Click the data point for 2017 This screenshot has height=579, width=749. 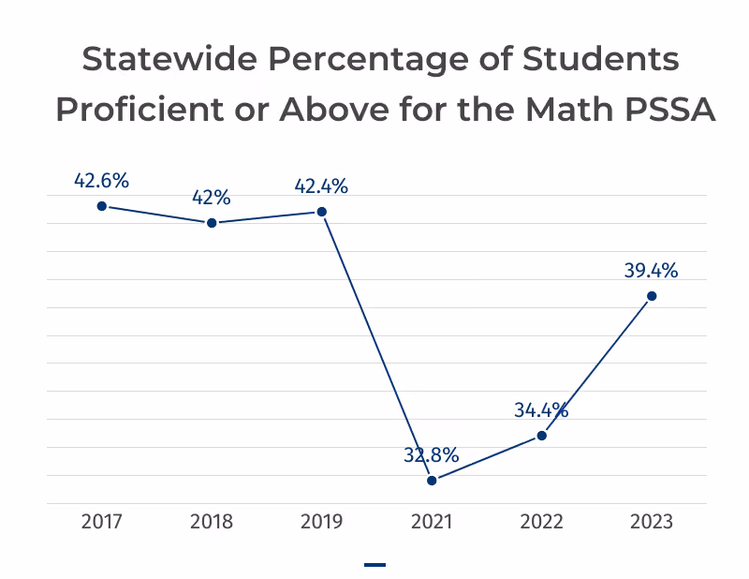tap(102, 206)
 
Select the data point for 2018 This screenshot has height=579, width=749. tap(212, 223)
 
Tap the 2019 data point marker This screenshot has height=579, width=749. tap(322, 212)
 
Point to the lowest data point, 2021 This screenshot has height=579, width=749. tap(432, 481)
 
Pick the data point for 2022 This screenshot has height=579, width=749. tap(542, 436)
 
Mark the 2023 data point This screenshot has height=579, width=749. tap(652, 296)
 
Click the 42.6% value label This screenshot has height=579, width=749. tap(101, 181)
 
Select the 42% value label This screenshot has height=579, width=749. tap(212, 198)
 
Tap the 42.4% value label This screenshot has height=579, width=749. tap(321, 186)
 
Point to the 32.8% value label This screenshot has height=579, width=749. tap(432, 455)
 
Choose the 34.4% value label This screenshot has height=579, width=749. tap(541, 410)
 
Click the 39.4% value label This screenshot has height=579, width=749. tap(651, 271)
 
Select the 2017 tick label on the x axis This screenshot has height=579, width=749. tap(102, 522)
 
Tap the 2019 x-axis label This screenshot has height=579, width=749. tap(321, 522)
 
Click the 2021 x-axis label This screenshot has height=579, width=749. tap(432, 522)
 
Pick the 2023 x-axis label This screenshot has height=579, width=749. tap(652, 522)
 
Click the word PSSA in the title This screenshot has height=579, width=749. tap(669, 110)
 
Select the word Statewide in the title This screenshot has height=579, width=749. tap(170, 59)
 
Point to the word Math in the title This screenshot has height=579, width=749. tap(569, 110)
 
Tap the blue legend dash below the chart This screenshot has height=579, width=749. tap(375, 565)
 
